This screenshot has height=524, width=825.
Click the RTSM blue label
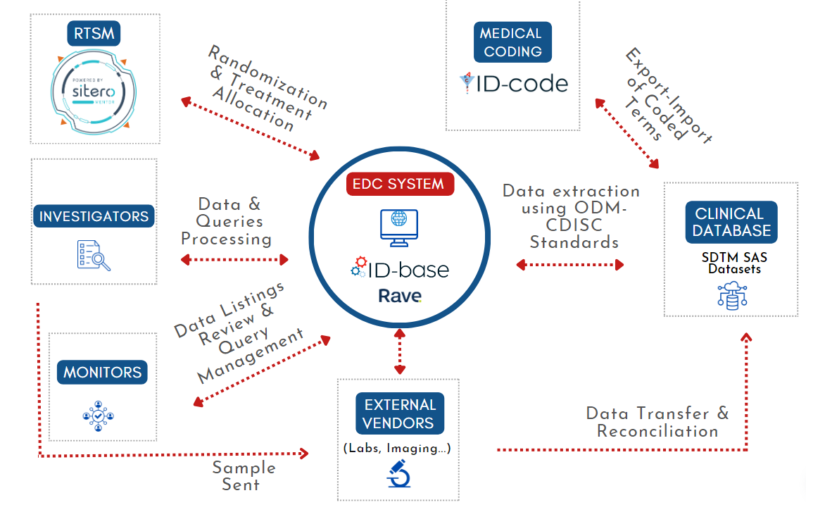94,33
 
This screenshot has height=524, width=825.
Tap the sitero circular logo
94,92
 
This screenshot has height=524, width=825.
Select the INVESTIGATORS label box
94,216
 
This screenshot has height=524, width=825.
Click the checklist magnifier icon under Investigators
94,255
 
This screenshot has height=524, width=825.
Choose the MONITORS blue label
102,372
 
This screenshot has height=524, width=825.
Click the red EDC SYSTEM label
400,185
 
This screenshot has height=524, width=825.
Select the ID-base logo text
399,269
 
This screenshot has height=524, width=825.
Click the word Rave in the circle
400,295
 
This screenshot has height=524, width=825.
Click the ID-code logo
513,84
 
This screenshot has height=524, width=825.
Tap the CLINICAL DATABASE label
731,222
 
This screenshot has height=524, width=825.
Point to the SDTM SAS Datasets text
733,263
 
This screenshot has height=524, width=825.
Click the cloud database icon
733,295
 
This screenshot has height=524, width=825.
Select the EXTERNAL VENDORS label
399,413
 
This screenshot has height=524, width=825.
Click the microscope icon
399,473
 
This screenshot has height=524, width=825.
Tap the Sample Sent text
244,476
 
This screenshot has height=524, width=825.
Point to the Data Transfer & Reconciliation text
657,422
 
